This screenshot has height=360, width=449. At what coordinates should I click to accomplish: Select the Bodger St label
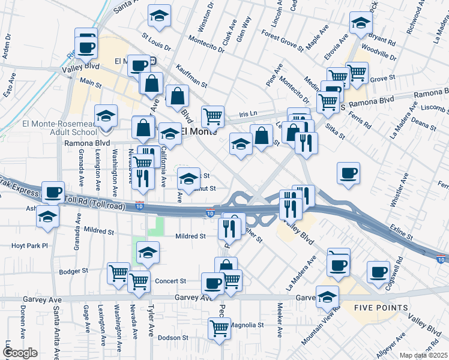point(74,271)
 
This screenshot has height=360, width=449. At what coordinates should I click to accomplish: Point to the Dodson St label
point(173,338)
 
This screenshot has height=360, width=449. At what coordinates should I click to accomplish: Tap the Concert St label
point(170,281)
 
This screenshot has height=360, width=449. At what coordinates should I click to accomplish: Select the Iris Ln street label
point(247,113)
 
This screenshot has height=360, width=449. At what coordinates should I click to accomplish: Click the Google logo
point(20,352)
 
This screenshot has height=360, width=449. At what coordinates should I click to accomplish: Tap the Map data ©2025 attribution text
point(423,355)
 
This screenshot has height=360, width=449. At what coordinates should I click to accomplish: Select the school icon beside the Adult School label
point(106,116)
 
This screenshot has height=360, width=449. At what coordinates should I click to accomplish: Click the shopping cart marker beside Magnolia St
point(220,328)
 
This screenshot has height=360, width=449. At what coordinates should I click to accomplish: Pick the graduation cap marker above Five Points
point(328,296)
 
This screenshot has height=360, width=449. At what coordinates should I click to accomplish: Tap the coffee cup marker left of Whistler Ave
point(348,173)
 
